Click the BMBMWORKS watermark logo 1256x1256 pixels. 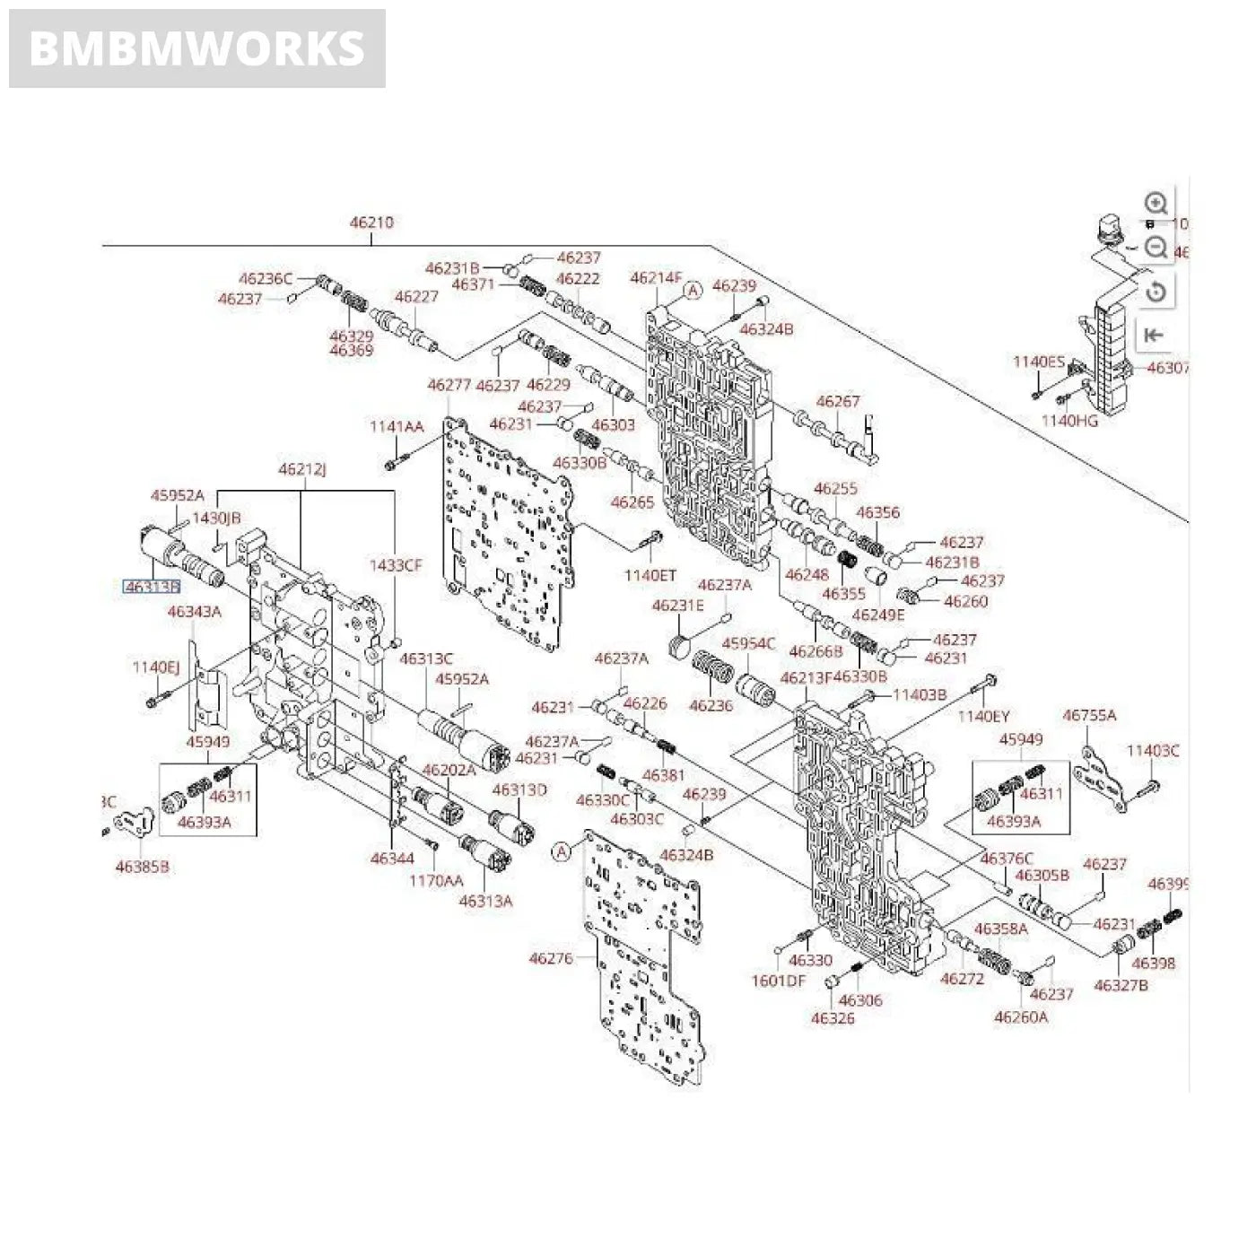click(196, 48)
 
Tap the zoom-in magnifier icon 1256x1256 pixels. click(1156, 203)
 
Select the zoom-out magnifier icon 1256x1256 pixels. click(1156, 247)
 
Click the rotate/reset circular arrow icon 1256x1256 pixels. click(1156, 291)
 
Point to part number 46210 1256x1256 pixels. click(371, 222)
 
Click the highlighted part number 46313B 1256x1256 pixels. click(152, 587)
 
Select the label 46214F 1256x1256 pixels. click(657, 278)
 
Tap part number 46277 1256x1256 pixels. click(449, 385)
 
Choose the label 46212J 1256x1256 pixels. click(302, 469)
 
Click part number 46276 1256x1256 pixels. click(551, 958)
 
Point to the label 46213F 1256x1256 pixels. click(806, 677)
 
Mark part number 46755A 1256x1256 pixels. click(1089, 715)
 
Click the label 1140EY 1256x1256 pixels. click(983, 716)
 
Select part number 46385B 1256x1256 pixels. click(143, 867)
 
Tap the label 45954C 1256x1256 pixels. click(748, 644)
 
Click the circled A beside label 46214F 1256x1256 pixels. click(693, 290)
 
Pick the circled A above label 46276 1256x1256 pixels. click(562, 850)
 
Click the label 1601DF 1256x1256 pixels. click(778, 981)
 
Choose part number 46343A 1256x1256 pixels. click(195, 612)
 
